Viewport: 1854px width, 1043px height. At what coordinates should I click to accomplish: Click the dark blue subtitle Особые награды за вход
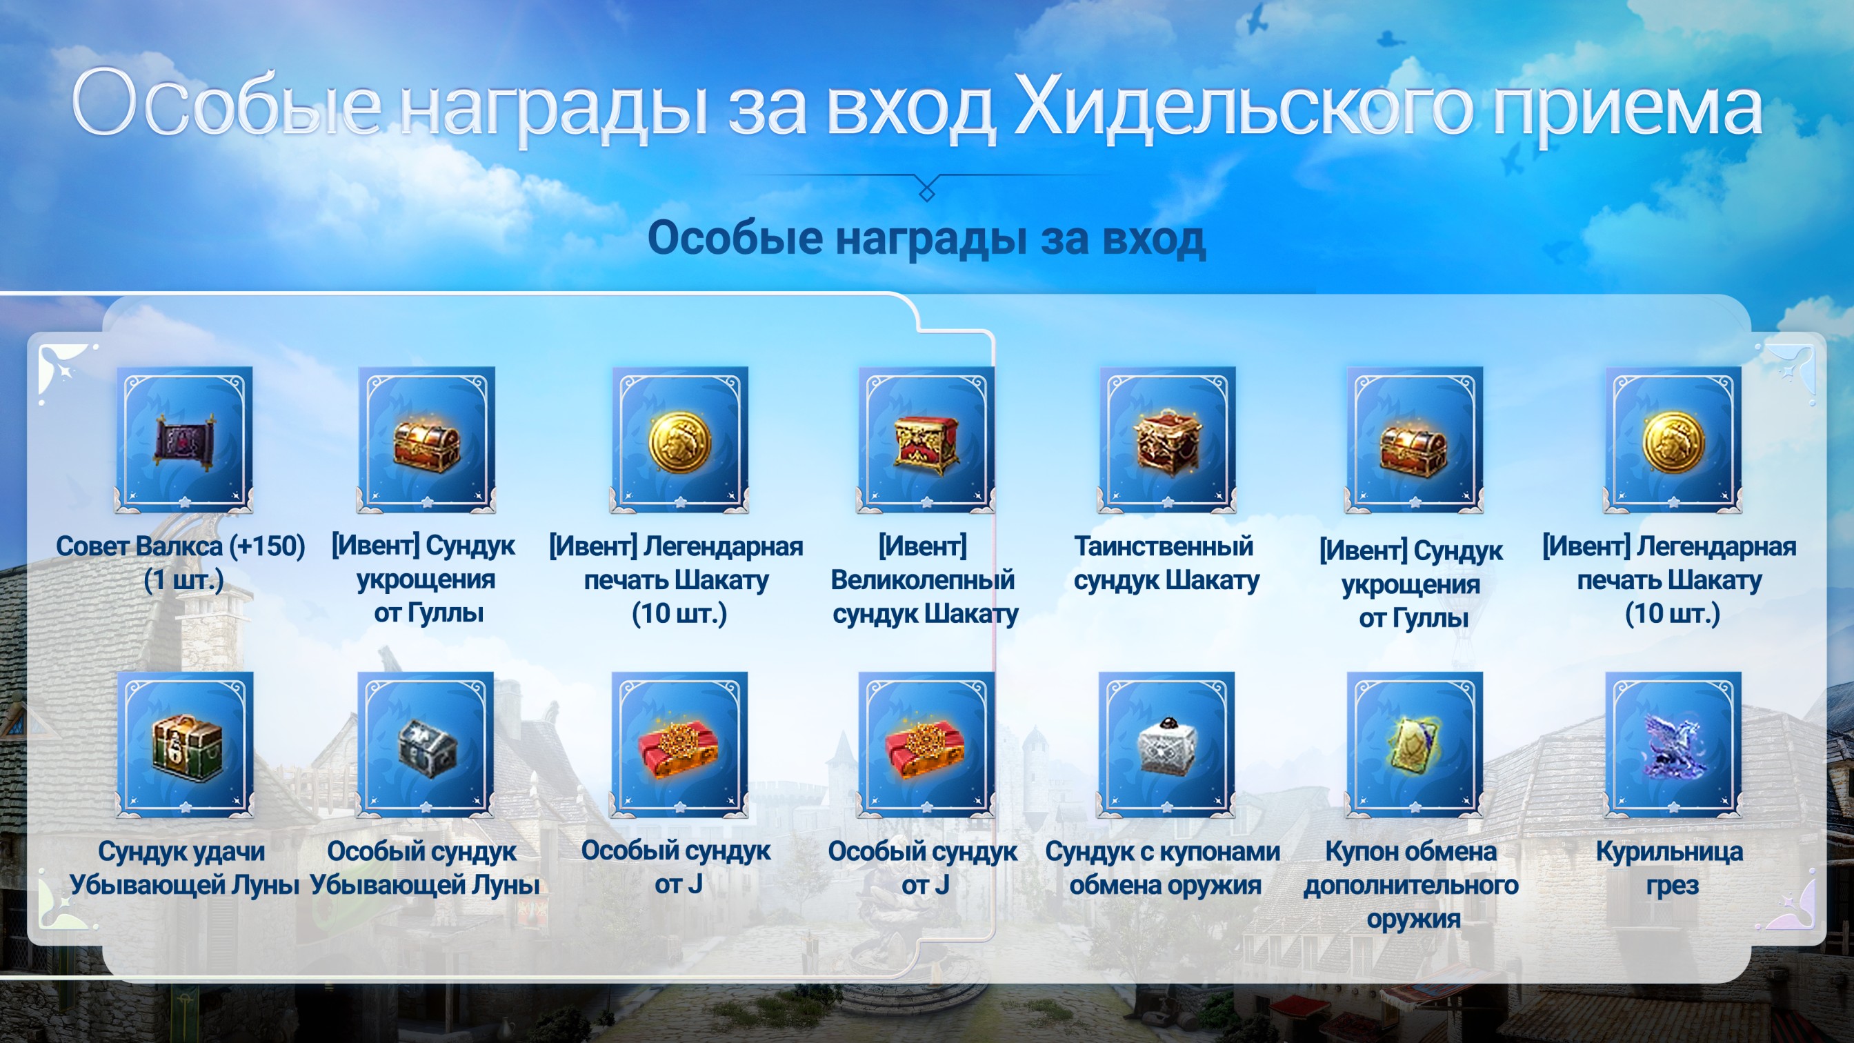[927, 238]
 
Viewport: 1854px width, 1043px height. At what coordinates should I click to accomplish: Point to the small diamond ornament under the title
[927, 192]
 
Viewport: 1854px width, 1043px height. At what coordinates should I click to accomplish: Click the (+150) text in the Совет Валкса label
[267, 546]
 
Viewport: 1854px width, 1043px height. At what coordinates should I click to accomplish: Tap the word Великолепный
[923, 580]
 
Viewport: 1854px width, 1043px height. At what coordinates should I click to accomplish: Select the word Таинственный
[1164, 546]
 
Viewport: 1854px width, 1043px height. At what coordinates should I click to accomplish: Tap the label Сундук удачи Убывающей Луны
[183, 868]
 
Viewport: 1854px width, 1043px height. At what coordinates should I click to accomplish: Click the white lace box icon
[1166, 745]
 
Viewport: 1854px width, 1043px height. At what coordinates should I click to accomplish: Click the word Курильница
[1670, 852]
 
